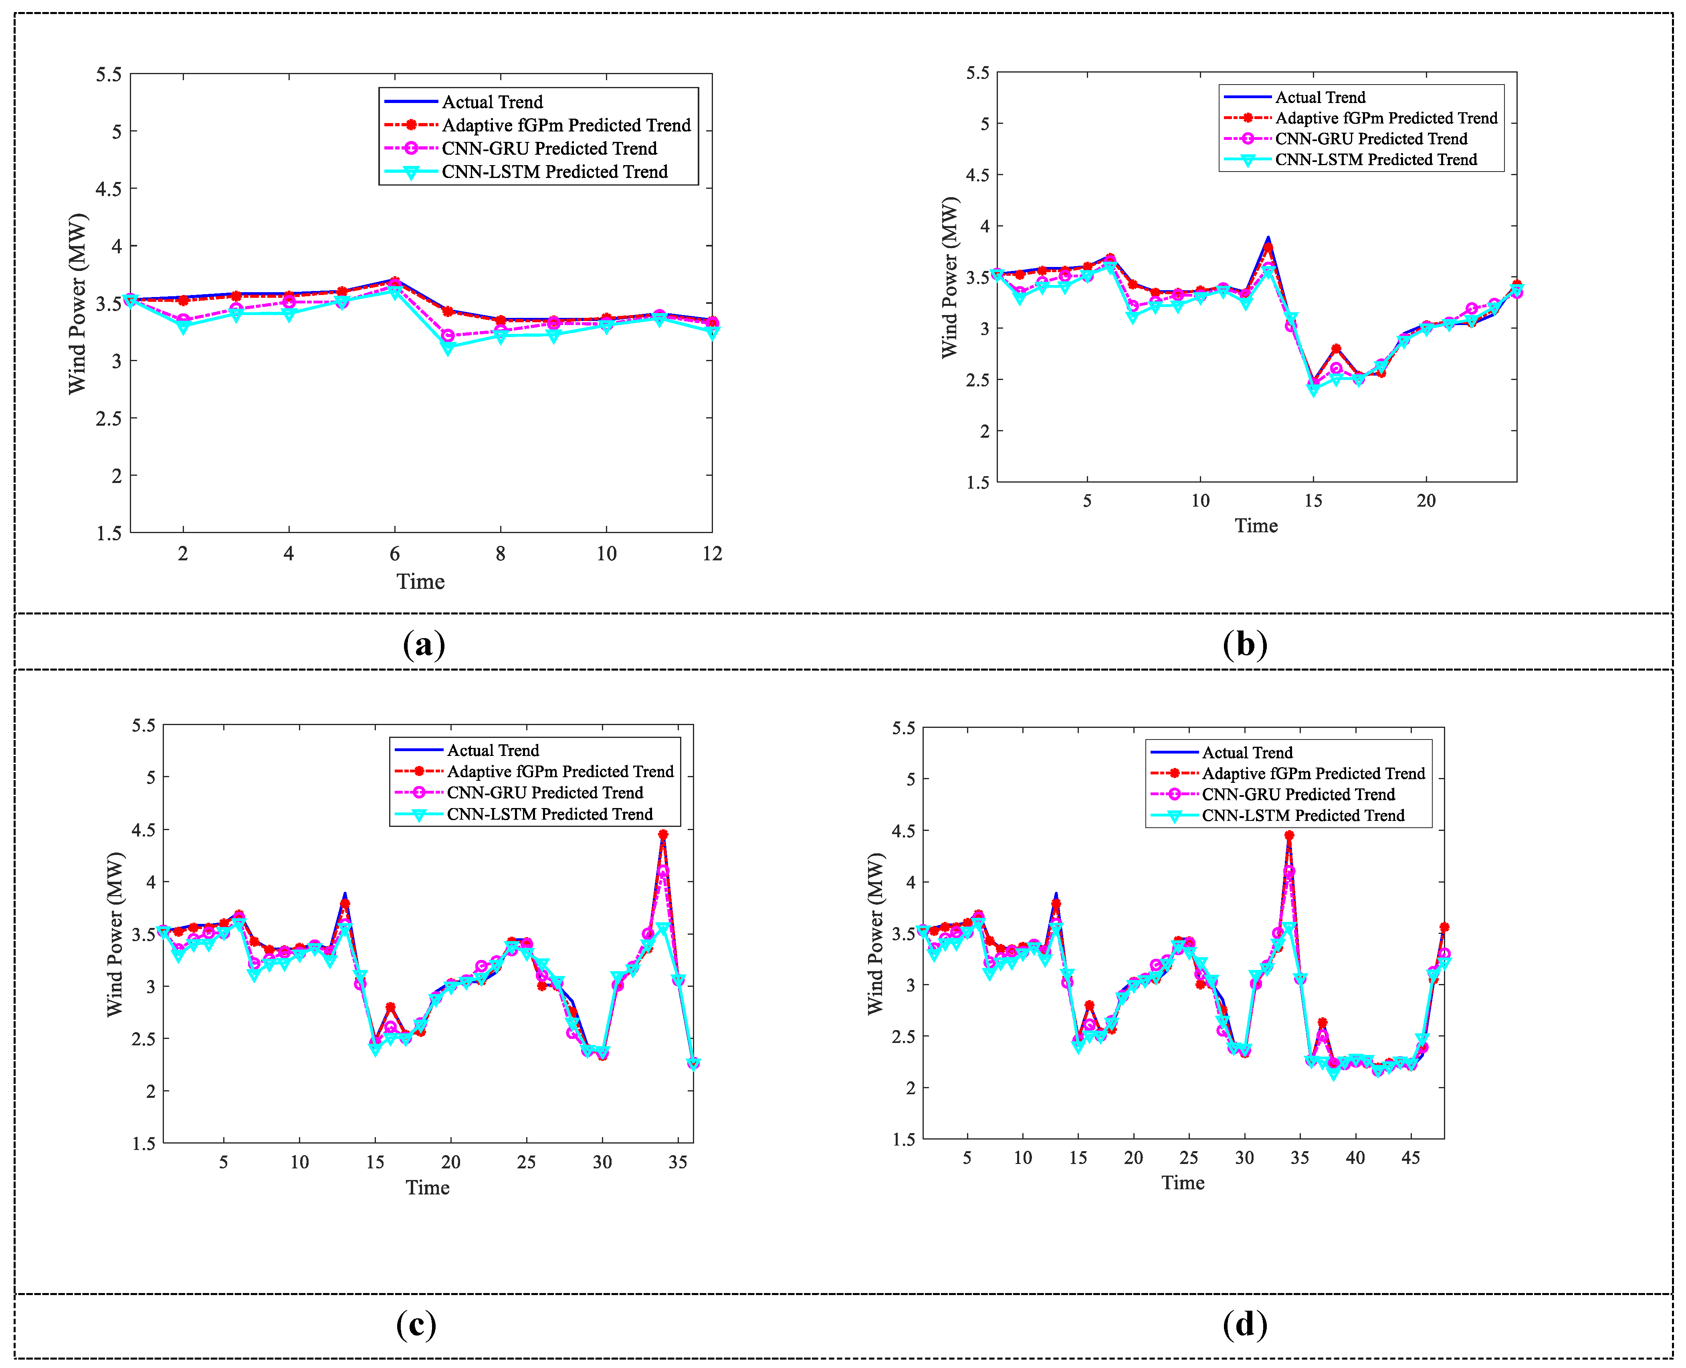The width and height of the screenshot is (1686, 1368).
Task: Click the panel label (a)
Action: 424,645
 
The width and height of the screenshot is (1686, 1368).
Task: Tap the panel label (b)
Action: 1245,645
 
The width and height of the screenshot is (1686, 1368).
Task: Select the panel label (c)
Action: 416,1325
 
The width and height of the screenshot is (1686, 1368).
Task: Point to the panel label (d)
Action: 1245,1325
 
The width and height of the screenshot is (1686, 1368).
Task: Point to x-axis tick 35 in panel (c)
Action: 678,1162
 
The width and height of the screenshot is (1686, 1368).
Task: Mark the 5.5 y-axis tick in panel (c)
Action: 143,726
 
